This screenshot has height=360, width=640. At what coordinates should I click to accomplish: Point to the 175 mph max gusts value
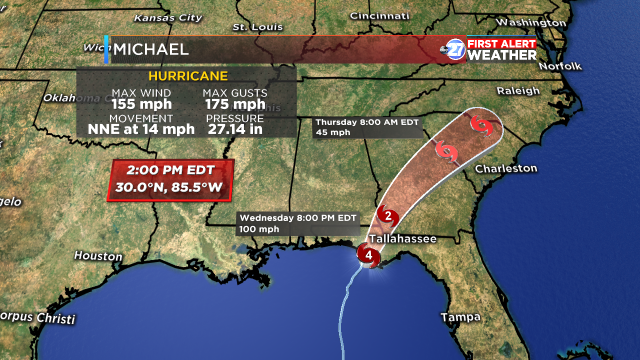coord(235,103)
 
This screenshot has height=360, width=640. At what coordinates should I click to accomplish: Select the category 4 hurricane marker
coord(370,256)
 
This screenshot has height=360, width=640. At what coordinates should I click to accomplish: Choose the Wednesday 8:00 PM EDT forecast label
coord(297,217)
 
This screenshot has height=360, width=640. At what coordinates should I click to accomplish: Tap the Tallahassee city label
coord(405,241)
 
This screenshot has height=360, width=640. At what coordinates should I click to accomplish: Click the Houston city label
coord(97,256)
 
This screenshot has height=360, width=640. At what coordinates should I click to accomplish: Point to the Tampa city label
coord(462,317)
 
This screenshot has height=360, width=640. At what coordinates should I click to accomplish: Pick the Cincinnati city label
coord(378,16)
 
